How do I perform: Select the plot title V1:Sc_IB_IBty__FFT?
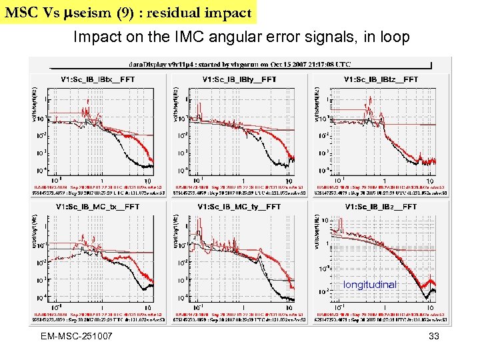coord(239,80)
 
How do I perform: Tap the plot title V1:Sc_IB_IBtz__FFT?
coord(381,80)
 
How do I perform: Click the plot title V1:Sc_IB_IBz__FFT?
coord(381,207)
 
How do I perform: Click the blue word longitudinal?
coord(370,285)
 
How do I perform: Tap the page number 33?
coord(434,337)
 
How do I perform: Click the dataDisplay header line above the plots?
coord(241,64)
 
